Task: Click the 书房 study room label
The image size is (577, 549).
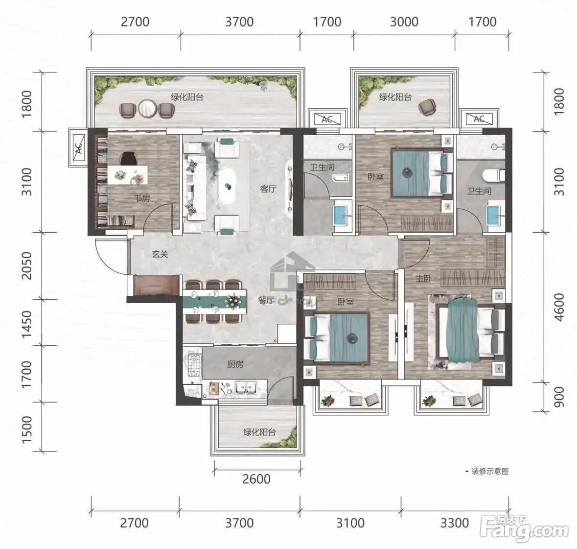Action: coord(142,198)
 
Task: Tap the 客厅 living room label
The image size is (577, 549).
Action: coord(268,189)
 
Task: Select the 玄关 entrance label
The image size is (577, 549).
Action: coord(160,254)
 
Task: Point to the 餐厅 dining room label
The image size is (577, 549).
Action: coord(266,301)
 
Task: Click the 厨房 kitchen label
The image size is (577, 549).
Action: coord(235,364)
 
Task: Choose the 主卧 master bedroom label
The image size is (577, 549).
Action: coord(423,279)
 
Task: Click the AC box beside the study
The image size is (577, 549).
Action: coord(78,147)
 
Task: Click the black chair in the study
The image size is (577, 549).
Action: coord(129,158)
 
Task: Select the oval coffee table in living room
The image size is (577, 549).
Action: coord(227,186)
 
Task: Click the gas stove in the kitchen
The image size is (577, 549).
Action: coord(194,365)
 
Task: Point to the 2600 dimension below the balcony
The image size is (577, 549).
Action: coord(256,479)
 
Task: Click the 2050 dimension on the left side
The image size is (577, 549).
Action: coord(27,265)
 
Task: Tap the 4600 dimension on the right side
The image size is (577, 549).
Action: coord(558,307)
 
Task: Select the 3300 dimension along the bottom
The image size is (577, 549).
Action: coord(455,523)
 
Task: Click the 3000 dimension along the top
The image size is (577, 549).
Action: coord(404,22)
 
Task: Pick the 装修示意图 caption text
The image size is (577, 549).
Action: coord(490,471)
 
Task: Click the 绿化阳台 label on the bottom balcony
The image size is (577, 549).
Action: coord(259,432)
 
